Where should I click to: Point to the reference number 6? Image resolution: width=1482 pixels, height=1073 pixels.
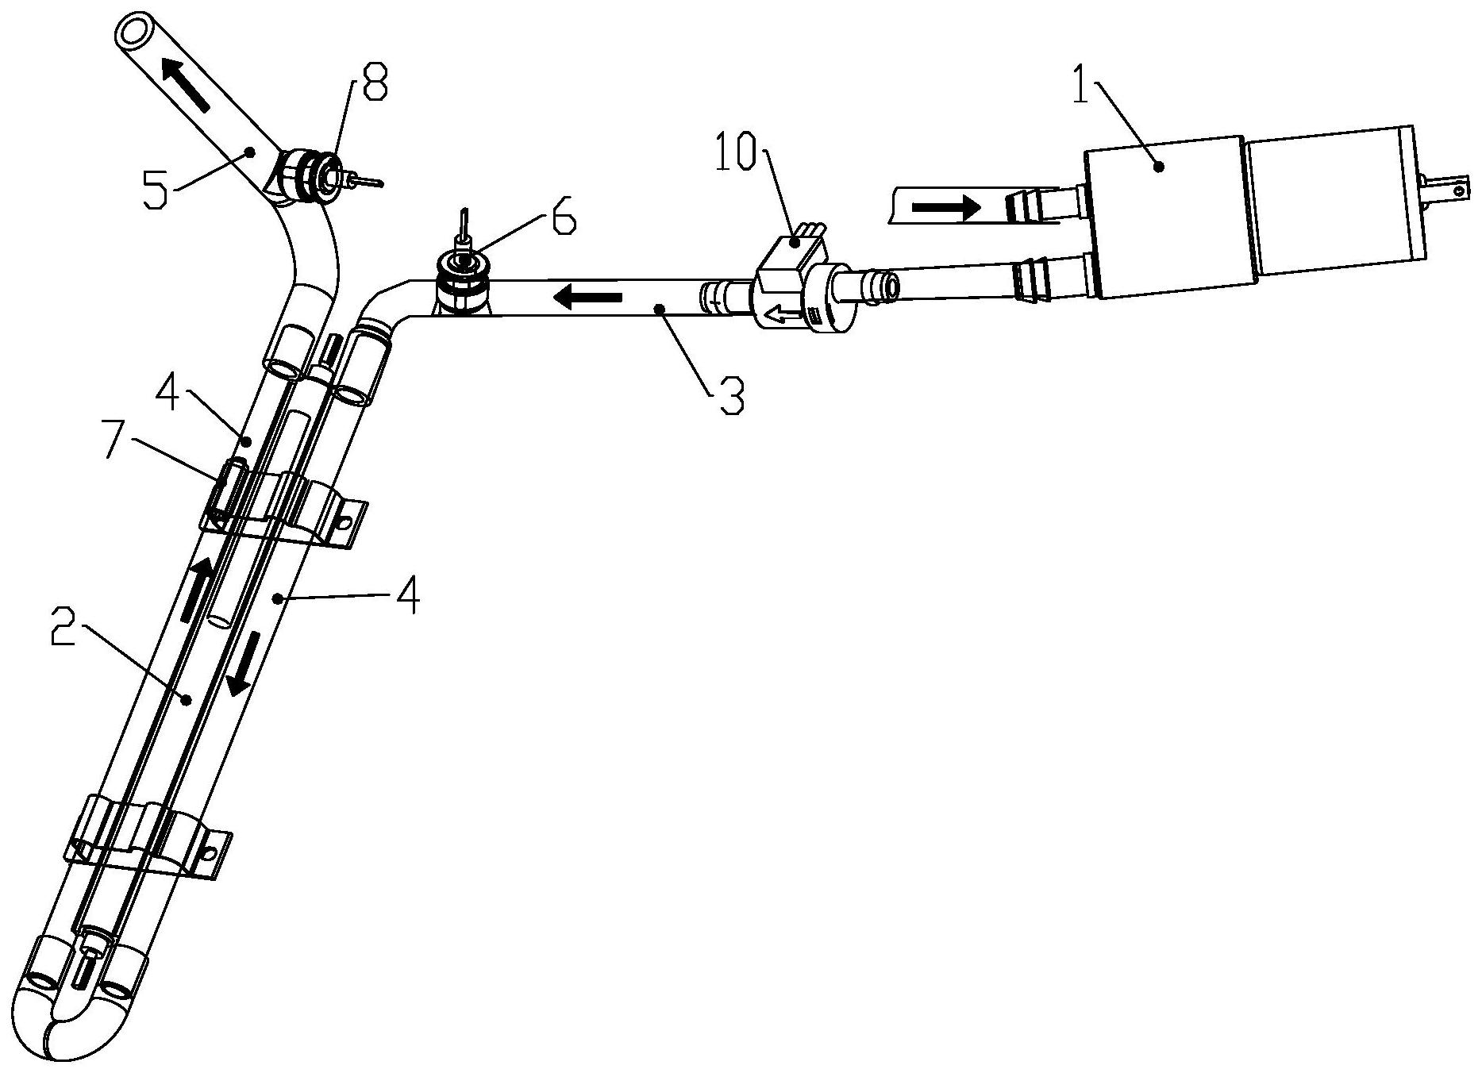coord(563,220)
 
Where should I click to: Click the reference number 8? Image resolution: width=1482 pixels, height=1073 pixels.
coord(374,83)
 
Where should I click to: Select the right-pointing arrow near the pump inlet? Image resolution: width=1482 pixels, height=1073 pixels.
coord(946,208)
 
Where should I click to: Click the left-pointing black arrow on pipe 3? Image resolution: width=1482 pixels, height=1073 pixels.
coord(587,298)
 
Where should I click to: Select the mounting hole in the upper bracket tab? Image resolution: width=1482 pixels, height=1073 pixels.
coord(346,522)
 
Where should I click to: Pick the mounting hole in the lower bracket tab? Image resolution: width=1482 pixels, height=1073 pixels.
coord(211,854)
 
